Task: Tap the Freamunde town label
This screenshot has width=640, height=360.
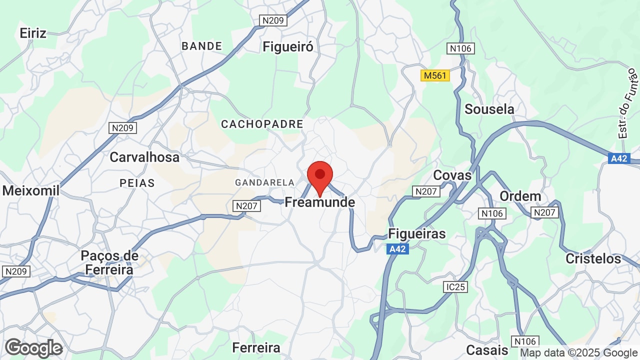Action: coord(319,202)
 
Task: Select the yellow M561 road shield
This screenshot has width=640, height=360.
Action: coord(435,75)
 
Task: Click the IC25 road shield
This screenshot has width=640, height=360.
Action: coord(455,287)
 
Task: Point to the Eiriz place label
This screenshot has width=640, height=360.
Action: coord(33,33)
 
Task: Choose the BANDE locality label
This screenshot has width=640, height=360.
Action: coord(201,46)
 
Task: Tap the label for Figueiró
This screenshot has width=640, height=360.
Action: coord(288,47)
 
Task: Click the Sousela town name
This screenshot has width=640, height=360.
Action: coord(489,109)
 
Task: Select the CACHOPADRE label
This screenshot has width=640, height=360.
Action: coord(262,124)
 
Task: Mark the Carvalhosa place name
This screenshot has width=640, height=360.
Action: coord(144,157)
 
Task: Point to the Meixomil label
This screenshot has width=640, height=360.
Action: coord(31,190)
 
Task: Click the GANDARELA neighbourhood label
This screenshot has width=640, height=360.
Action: coord(264,183)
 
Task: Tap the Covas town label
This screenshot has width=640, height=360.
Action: coord(452,175)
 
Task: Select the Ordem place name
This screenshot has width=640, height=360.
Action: coord(520,196)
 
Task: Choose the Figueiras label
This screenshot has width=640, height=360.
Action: coord(416,233)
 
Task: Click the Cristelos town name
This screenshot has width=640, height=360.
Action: coord(593,258)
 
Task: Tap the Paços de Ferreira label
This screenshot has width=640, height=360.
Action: coord(109,262)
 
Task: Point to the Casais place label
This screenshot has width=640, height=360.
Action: coord(487,349)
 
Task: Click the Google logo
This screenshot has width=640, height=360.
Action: coord(34,348)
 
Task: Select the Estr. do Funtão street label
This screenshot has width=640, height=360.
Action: coord(628,103)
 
